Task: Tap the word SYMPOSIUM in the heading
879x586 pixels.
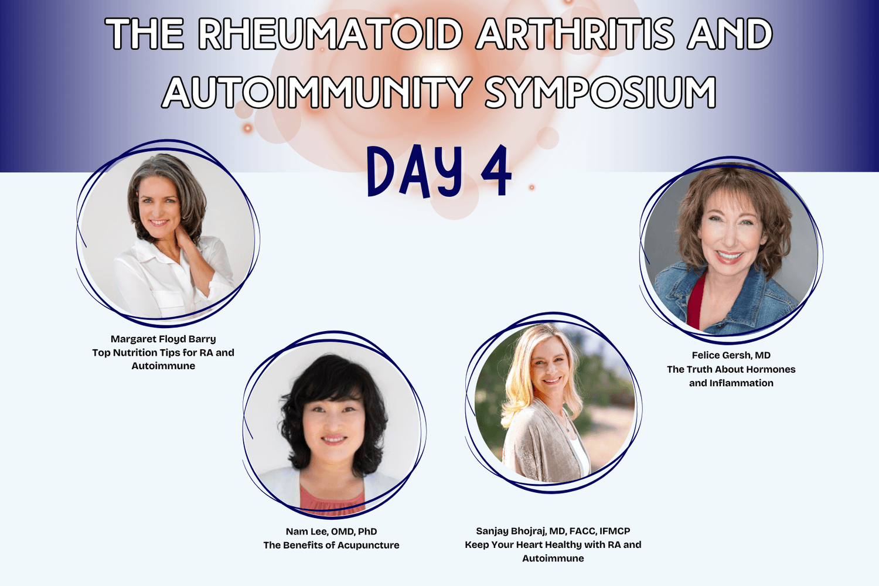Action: coord(601,92)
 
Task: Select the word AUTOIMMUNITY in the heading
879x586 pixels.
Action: coord(316,92)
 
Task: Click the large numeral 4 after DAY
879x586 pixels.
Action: coord(496,172)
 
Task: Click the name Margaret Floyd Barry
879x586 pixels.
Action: coord(163,339)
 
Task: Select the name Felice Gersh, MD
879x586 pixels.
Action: coord(731,355)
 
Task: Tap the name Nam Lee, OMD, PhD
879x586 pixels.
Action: coord(331,532)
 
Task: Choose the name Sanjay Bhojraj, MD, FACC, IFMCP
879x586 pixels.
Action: coord(553,531)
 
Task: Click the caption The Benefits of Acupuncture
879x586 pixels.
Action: coord(331,545)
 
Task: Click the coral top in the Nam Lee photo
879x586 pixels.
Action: coord(332,499)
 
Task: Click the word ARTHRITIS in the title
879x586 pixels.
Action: coord(574,33)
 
